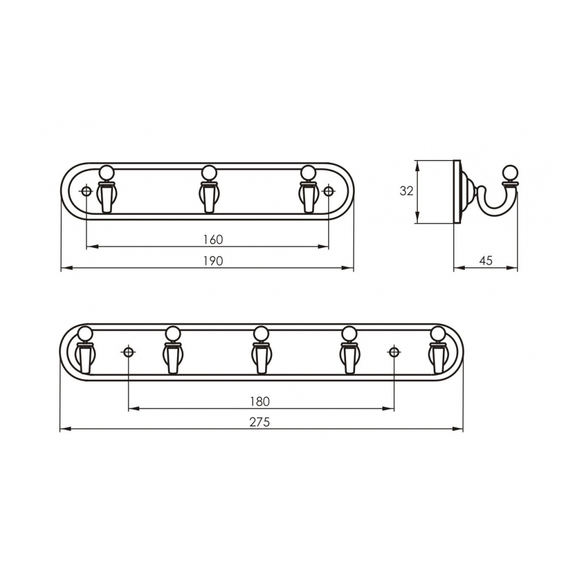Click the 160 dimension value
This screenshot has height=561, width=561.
213,239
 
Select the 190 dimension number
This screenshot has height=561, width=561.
213,261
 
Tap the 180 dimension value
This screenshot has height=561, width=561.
260,401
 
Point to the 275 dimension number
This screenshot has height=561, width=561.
260,422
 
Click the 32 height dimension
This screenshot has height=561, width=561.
406,191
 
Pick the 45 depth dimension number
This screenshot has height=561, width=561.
485,260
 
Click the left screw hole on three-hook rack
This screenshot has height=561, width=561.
87,191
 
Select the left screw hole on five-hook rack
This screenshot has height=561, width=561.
128,352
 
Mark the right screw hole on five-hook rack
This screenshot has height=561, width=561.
394,352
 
